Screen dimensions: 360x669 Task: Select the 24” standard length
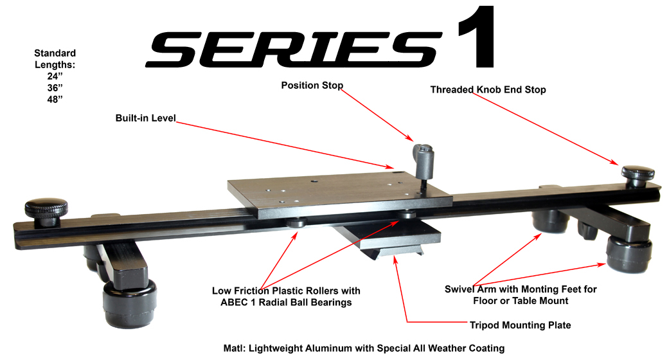[x=55, y=76]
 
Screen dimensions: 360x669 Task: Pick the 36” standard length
[x=55, y=87]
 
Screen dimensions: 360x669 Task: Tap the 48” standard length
[x=55, y=99]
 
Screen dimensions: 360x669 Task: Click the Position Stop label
[x=312, y=85]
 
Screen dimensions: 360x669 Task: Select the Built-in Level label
[x=145, y=118]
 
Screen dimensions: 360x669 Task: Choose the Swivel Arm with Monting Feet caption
[x=521, y=295]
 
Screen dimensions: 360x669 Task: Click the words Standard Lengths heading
[x=55, y=59]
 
